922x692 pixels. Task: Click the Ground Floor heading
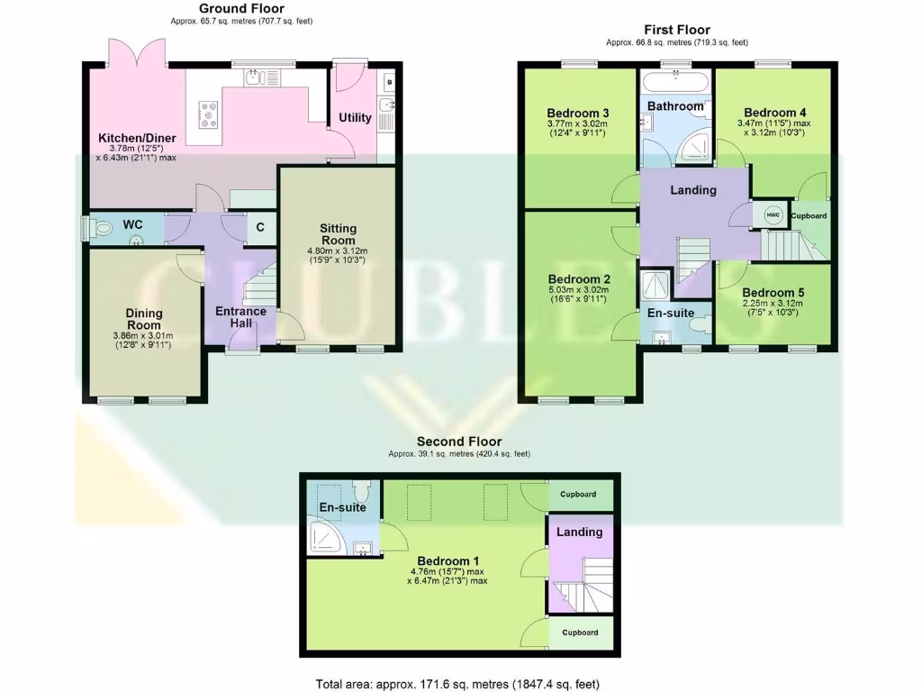pyautogui.click(x=240, y=9)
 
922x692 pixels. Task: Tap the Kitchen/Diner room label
pyautogui.click(x=137, y=138)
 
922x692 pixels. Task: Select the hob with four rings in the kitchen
pyautogui.click(x=209, y=114)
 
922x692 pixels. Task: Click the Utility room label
pyautogui.click(x=355, y=118)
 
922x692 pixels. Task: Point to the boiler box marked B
pyautogui.click(x=388, y=81)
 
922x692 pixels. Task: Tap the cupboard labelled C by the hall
pyautogui.click(x=260, y=227)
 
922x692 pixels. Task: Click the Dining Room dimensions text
pyautogui.click(x=143, y=341)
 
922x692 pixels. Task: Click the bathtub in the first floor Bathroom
pyautogui.click(x=675, y=86)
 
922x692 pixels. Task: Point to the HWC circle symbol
pyautogui.click(x=772, y=214)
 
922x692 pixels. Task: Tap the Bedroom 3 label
pyautogui.click(x=577, y=113)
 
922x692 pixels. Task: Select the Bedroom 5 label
pyautogui.click(x=773, y=293)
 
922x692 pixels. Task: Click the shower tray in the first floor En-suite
pyautogui.click(x=655, y=286)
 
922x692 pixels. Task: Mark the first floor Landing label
pyautogui.click(x=693, y=190)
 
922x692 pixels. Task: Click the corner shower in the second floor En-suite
pyautogui.click(x=323, y=537)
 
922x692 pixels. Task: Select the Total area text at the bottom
pyautogui.click(x=457, y=684)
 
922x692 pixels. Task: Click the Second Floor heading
pyautogui.click(x=458, y=442)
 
